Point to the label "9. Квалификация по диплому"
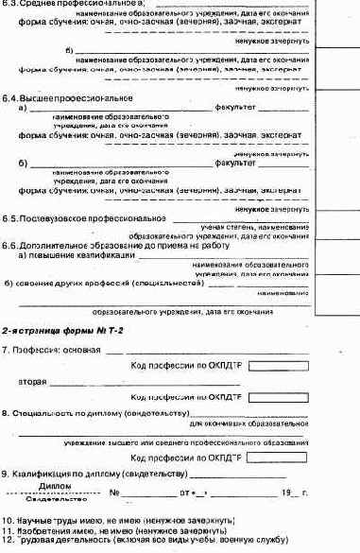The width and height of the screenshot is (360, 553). click(x=91, y=473)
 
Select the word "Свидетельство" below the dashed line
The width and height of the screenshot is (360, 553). click(x=53, y=497)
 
